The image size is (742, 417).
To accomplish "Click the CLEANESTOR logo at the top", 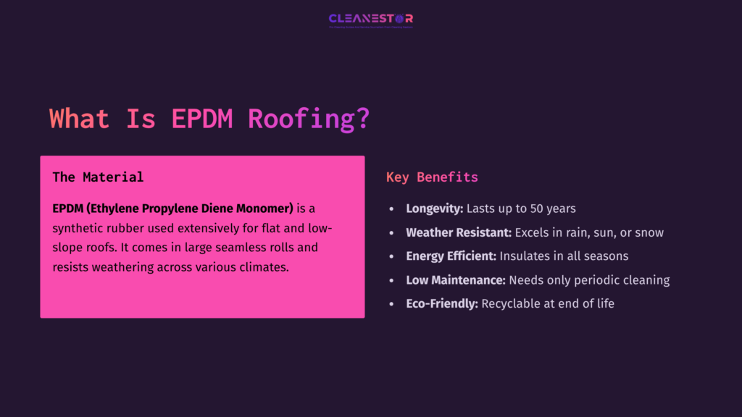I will point(370,19).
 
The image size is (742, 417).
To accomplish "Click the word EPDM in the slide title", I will point(202,119).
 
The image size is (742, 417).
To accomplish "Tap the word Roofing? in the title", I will point(309,119).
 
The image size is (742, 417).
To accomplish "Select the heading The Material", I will point(98,177).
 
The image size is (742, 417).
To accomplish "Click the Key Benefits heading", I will point(432,177).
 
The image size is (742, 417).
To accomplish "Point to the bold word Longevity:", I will point(434,208).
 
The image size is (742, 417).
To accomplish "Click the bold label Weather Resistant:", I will point(459,232).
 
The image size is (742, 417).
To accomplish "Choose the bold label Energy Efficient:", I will point(451,256).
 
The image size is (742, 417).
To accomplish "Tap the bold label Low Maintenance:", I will point(456,280).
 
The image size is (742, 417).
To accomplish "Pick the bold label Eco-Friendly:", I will point(442,304).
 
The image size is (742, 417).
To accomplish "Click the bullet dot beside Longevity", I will point(392,208).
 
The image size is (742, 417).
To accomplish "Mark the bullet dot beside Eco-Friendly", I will point(392,304).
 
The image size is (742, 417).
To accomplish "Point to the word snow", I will point(649,232).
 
